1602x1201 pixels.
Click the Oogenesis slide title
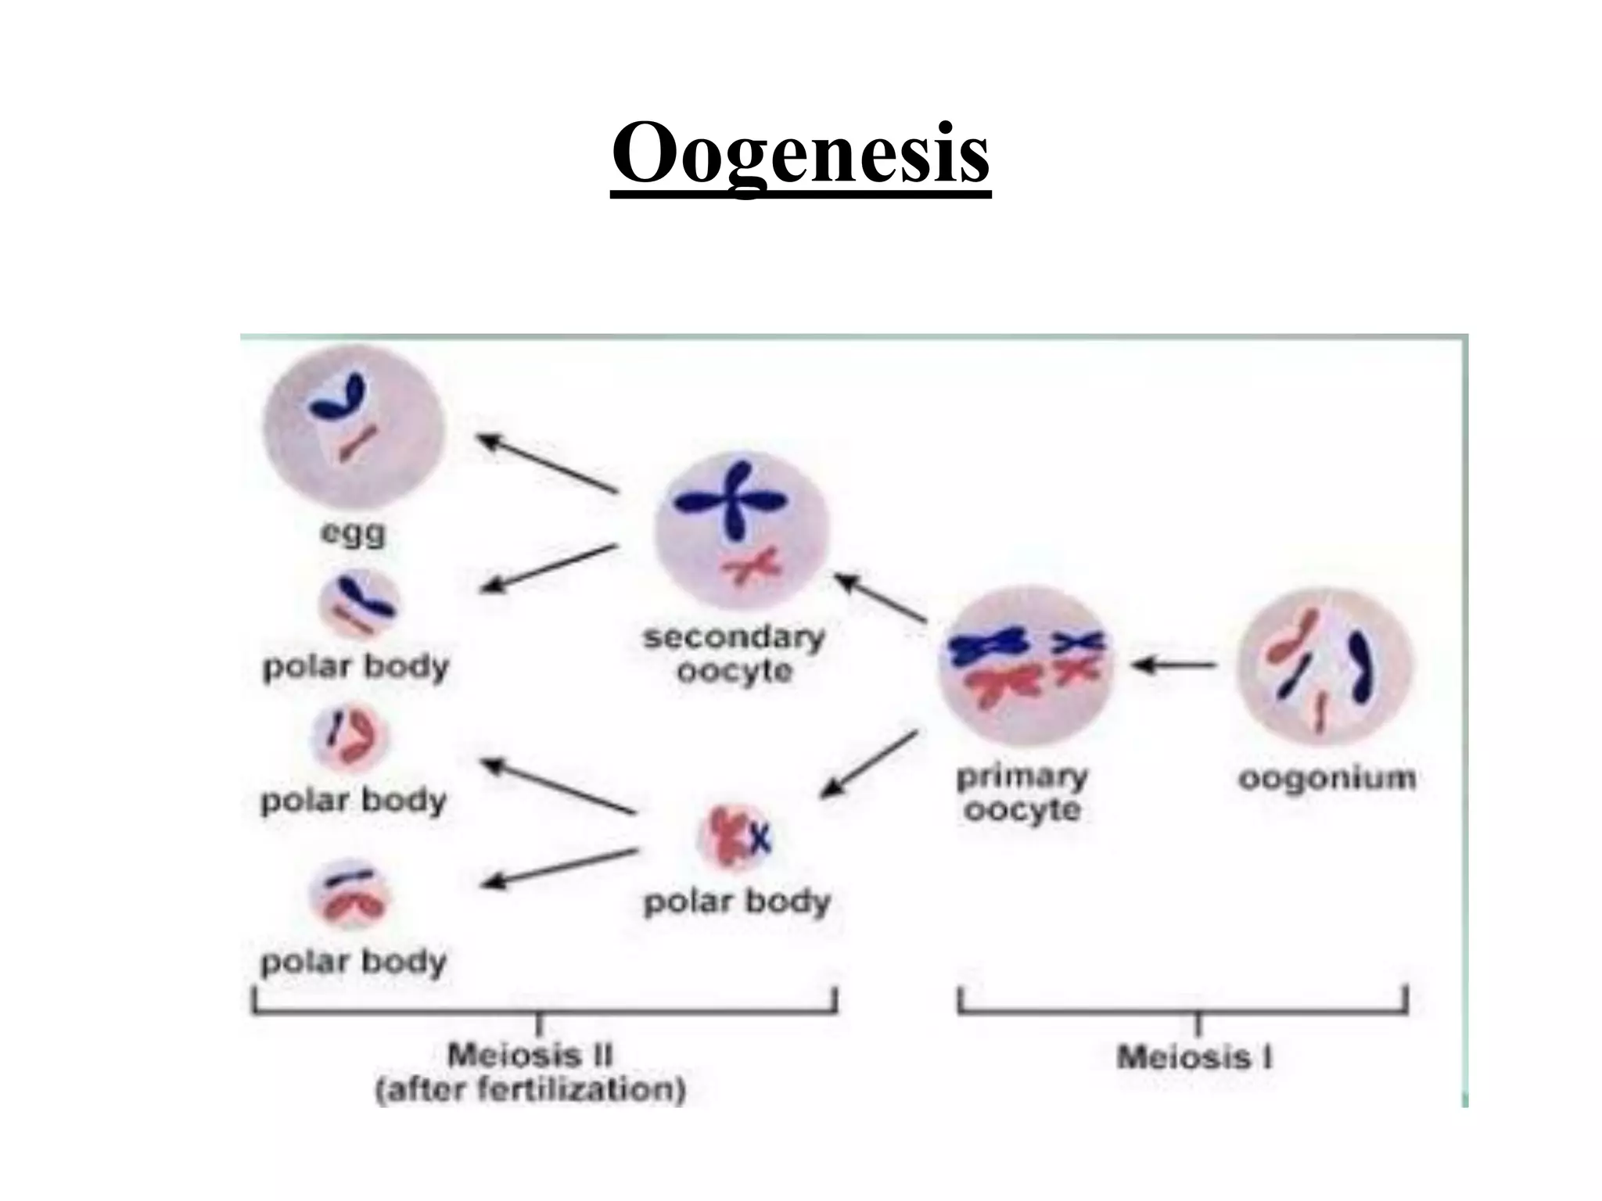click(x=800, y=152)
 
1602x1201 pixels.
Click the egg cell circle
click(x=354, y=427)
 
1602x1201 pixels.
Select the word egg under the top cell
click(x=354, y=535)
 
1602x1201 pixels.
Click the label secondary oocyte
click(x=734, y=654)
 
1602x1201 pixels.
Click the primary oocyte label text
click(x=1022, y=792)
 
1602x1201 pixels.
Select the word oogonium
click(x=1327, y=779)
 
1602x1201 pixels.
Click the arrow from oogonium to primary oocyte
click(x=1174, y=665)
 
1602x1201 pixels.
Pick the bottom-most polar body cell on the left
click(x=350, y=894)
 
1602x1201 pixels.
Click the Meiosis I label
click(x=1194, y=1057)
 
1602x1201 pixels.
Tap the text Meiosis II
click(x=530, y=1056)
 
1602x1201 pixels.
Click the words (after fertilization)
click(x=530, y=1090)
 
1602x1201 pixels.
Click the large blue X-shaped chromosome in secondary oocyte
click(x=731, y=500)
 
